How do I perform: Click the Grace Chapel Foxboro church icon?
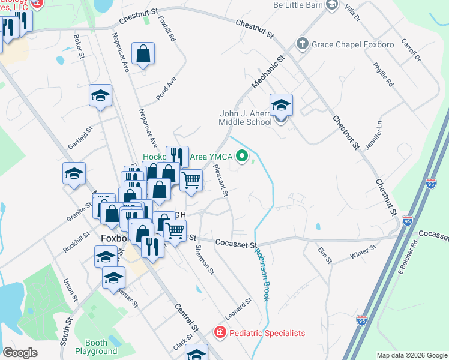[302, 44]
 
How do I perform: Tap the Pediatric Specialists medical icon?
[220, 332]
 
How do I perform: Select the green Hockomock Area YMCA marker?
[243, 157]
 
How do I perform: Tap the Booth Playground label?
[96, 347]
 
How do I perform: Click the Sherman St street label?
[205, 260]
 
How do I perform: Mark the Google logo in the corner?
[20, 353]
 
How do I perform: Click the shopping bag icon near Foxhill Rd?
[143, 55]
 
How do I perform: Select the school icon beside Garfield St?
[101, 95]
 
